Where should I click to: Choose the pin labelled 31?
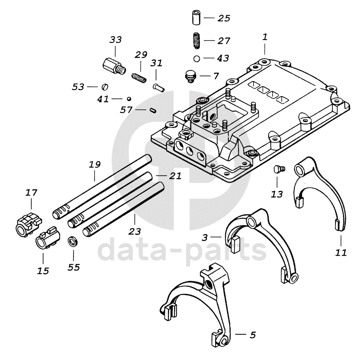click(158, 87)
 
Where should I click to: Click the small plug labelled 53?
click(105, 87)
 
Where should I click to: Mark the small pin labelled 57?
click(152, 110)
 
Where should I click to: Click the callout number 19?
click(95, 165)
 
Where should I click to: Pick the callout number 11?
click(341, 253)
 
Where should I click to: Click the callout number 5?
click(253, 335)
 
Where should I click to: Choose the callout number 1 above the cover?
click(265, 37)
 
